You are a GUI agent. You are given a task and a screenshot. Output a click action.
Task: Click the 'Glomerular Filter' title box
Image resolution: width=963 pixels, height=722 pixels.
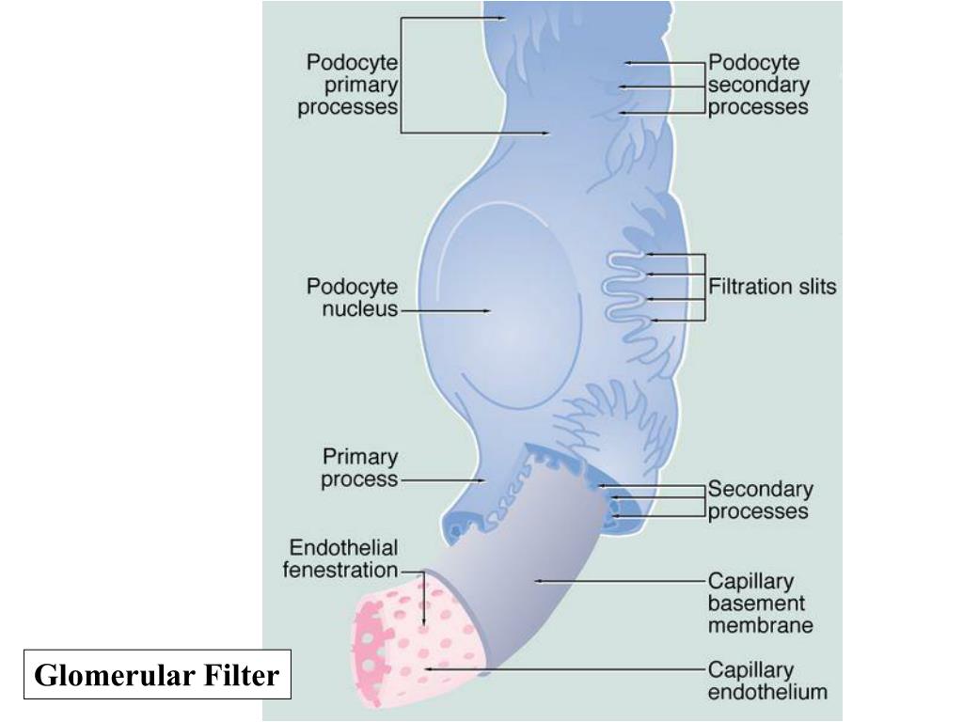(x=157, y=674)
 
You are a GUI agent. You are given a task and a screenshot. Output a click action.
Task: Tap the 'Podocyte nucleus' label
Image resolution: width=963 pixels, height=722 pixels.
(x=352, y=297)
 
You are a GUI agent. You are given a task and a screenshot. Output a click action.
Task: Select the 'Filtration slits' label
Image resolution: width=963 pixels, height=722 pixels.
(x=771, y=287)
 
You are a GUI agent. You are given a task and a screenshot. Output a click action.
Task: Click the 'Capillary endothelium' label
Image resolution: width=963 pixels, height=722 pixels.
(x=766, y=682)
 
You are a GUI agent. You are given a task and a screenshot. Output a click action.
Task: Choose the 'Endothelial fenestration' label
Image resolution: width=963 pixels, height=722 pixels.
(x=341, y=558)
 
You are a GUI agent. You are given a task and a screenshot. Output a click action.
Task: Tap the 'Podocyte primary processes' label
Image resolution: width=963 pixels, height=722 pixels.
(x=348, y=85)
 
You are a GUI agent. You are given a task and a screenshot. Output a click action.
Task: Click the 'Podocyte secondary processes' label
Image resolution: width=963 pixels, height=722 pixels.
(x=758, y=85)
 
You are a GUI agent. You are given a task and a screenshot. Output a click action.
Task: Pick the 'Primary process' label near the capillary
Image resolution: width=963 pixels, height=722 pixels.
(x=360, y=468)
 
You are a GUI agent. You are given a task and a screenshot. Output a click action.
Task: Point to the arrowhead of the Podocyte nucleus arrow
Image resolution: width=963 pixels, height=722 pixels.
(x=488, y=310)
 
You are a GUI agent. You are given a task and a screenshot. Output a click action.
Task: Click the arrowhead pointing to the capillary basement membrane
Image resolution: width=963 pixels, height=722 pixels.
(x=537, y=582)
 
